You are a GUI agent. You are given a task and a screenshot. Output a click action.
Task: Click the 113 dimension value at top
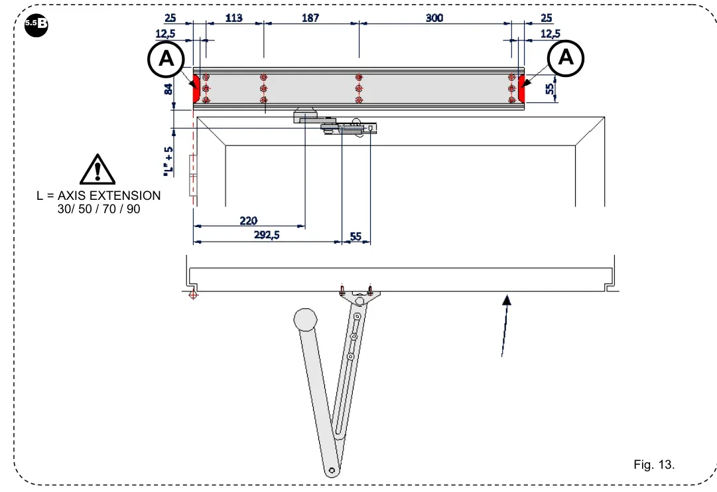point(233,19)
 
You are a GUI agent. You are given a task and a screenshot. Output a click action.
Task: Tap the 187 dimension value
point(310,19)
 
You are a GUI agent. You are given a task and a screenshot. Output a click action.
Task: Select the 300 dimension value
point(434,19)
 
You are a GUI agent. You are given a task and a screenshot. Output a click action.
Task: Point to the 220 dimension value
point(249,220)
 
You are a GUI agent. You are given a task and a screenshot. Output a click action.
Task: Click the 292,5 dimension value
point(266,235)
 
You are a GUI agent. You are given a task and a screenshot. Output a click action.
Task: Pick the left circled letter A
point(166,59)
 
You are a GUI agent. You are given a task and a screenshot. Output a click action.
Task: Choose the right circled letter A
point(566,58)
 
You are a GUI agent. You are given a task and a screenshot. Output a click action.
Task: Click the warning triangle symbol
point(98,169)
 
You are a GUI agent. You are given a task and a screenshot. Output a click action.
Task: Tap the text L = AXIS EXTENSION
point(98,196)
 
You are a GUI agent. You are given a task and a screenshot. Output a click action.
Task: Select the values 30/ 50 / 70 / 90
point(99,208)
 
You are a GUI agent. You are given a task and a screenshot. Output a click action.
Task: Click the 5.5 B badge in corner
point(36,23)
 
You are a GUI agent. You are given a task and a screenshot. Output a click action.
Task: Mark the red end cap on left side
point(196,89)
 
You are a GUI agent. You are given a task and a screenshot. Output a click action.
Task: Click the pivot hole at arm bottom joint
point(331,471)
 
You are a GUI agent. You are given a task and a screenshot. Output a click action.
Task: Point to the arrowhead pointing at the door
point(507,301)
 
